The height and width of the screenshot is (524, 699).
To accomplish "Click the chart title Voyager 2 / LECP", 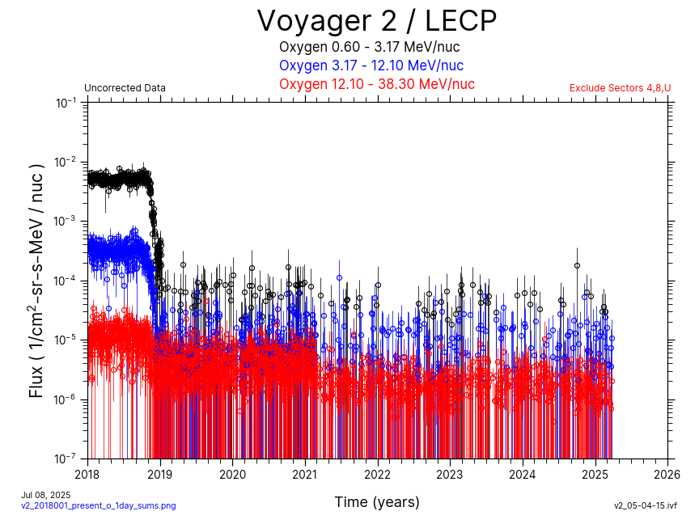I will click(x=376, y=20).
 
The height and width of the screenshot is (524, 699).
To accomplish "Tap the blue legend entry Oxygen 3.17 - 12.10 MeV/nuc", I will click(x=371, y=65).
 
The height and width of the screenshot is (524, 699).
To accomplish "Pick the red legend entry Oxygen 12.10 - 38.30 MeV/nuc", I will click(x=376, y=84).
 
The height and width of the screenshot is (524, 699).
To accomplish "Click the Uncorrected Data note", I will click(x=125, y=88).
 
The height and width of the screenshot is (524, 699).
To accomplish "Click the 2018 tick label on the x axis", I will click(x=87, y=473).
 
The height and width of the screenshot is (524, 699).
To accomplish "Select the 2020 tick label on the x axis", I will click(x=232, y=473).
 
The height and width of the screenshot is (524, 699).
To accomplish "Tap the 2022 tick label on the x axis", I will click(x=378, y=473).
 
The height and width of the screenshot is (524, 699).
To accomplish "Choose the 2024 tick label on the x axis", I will click(x=523, y=473).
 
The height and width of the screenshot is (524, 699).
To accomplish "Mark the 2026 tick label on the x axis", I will click(x=667, y=473).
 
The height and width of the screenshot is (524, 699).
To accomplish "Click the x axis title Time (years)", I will click(x=377, y=502).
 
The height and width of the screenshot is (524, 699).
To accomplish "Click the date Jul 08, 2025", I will click(x=46, y=495).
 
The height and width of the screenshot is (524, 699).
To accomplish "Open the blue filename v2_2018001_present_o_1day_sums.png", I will click(x=98, y=506).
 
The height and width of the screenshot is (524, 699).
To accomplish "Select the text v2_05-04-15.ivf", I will click(x=645, y=506).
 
